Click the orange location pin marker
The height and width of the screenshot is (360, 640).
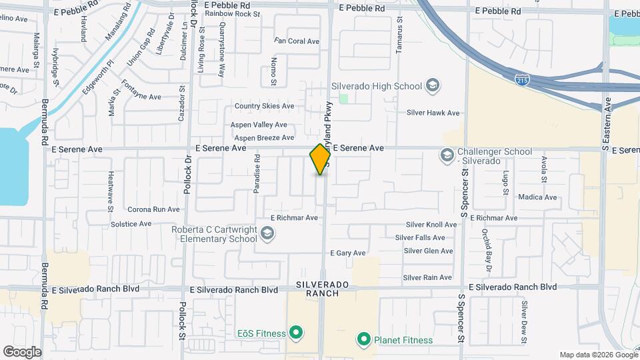320,159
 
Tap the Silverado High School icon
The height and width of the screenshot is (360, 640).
432,85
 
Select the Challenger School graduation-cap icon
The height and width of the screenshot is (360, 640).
446,156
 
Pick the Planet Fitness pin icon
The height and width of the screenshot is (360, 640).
363,340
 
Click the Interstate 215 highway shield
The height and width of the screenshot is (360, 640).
523,79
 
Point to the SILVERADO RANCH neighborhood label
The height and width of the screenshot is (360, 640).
323,289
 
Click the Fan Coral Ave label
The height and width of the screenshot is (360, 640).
297,41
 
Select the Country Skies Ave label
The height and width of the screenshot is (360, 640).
264,106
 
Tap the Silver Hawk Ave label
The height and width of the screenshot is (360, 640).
433,113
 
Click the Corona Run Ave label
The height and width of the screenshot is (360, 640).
154,209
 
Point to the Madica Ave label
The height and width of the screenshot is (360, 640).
537,197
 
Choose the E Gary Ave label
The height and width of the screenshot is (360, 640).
347,253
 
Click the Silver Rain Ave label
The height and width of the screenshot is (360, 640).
428,277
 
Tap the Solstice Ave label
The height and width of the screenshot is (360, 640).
131,224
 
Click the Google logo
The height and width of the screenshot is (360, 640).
22,352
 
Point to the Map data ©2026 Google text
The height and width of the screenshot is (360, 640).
598,355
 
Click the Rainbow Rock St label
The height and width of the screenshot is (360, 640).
232,13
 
